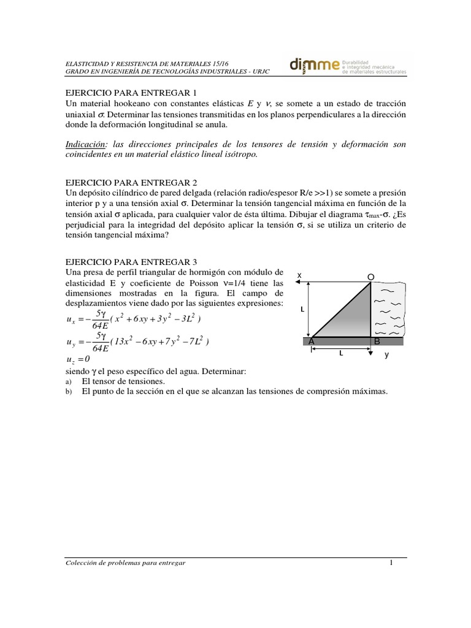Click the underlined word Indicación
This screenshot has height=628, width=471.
click(84, 144)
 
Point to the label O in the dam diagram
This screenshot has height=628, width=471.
click(370, 277)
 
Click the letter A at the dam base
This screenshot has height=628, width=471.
click(312, 341)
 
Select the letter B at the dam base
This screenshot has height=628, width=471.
click(377, 341)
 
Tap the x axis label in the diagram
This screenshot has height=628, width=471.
click(299, 276)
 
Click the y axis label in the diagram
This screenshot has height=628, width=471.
click(386, 355)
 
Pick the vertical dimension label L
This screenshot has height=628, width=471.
click(302, 310)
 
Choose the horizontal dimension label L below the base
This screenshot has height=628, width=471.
click(340, 354)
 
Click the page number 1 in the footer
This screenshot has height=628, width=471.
click(390, 562)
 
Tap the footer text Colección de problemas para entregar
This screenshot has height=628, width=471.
click(124, 563)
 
